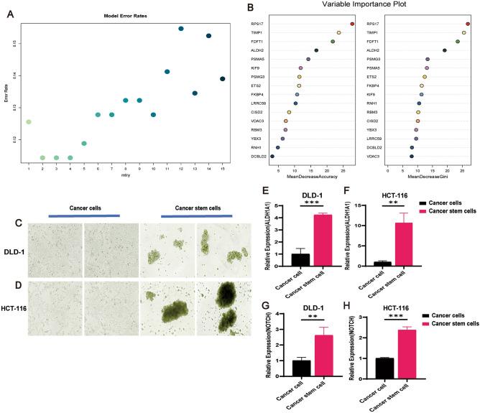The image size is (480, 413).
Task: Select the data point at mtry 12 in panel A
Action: coord(181,29)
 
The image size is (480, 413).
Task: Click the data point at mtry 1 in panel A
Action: coord(28,122)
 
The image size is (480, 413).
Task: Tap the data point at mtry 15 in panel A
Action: coord(223,79)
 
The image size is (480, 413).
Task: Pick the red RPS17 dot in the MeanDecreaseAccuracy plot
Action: coord(352,24)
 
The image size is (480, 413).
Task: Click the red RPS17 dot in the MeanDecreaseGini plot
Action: coord(468,24)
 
